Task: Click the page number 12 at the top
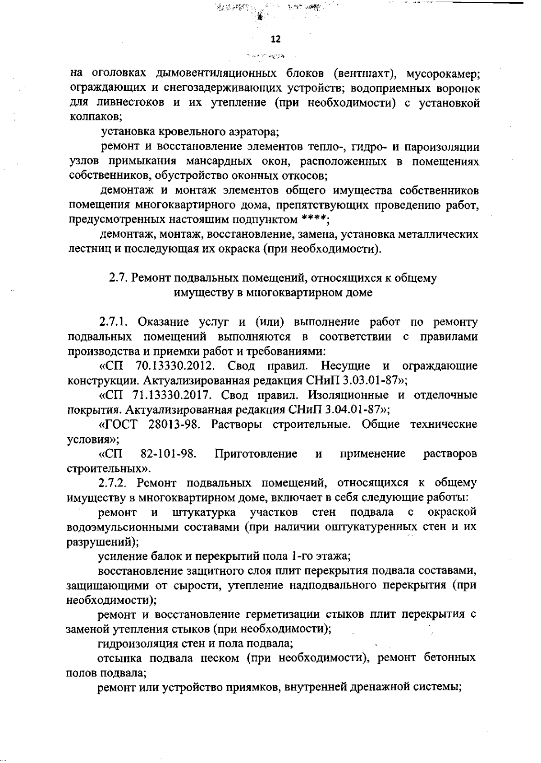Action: (x=275, y=39)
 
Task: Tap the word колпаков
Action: (x=94, y=117)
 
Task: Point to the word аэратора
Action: (x=252, y=132)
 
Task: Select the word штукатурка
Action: (x=204, y=512)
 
